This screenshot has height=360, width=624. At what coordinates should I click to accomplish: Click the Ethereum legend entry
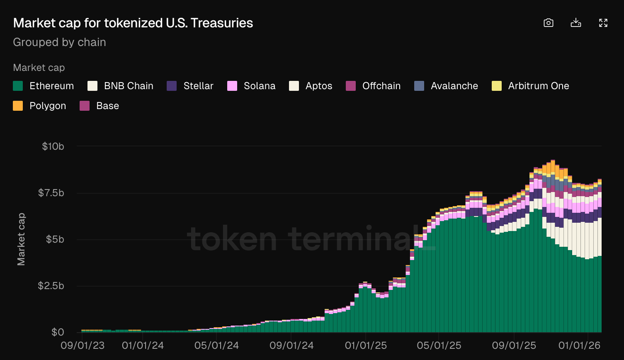click(44, 86)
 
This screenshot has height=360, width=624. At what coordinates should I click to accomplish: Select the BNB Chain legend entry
click(120, 86)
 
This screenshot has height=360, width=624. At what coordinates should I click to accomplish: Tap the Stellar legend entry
click(190, 86)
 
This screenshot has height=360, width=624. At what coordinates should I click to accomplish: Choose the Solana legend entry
click(251, 86)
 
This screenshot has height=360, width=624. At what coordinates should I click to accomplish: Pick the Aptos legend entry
click(311, 86)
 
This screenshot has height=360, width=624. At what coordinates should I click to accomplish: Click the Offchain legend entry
click(373, 86)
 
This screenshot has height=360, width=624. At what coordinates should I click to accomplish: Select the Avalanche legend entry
click(446, 86)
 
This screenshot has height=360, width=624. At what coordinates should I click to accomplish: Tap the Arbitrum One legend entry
click(530, 86)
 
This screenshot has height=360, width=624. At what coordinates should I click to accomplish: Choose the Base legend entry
click(100, 106)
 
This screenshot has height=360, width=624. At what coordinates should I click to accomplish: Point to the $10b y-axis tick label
click(53, 146)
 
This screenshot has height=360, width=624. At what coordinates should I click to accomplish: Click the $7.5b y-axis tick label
click(51, 193)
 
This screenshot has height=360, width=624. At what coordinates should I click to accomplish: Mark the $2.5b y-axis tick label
click(51, 286)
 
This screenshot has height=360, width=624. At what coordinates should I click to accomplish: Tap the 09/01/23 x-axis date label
click(83, 345)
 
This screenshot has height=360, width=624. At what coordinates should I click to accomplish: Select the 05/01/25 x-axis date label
click(439, 345)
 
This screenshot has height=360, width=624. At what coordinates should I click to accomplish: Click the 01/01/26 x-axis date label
click(579, 345)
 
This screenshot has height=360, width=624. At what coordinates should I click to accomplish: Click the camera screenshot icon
click(549, 23)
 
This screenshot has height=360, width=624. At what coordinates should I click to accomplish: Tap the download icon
click(576, 23)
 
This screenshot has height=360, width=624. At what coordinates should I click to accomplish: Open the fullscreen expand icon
click(603, 23)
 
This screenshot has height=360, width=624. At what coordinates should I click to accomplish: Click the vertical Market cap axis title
click(21, 239)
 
